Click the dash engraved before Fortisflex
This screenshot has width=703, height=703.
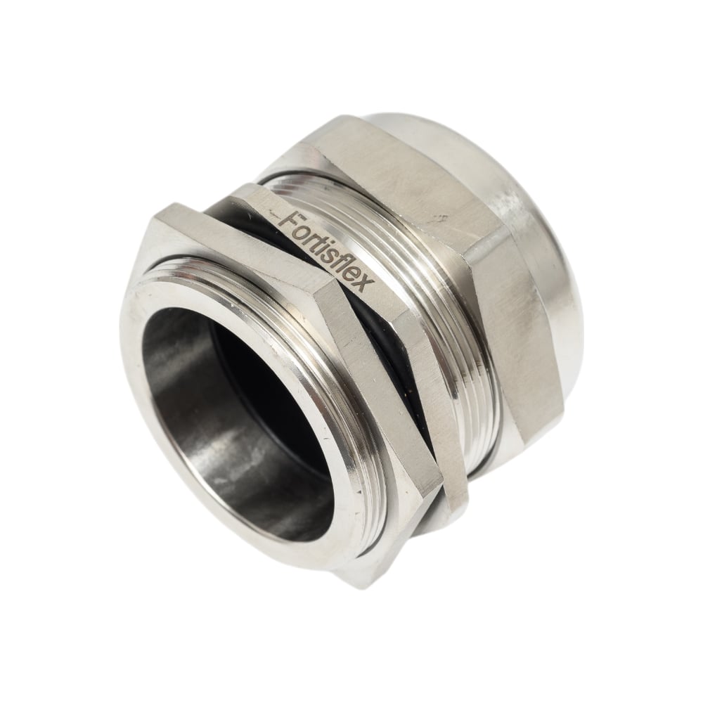point(273,212)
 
